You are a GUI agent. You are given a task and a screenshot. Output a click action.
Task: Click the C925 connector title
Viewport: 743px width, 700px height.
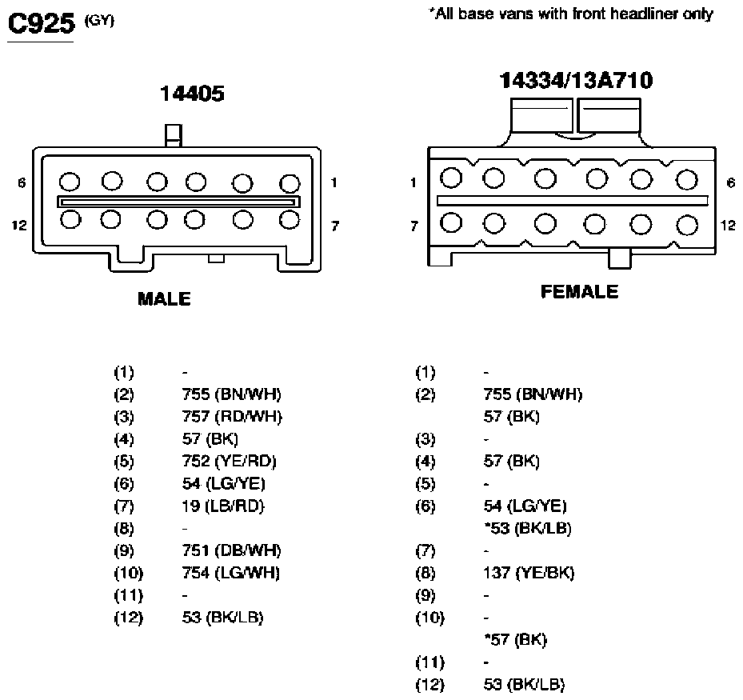42,23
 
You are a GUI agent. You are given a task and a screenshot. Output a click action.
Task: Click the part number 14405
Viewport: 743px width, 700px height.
192,94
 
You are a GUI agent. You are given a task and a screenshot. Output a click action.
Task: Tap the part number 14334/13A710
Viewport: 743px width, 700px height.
576,80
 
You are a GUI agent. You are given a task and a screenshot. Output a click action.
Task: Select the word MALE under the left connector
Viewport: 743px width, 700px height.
164,299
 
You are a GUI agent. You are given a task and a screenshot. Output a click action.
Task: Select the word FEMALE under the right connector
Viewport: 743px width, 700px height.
580,291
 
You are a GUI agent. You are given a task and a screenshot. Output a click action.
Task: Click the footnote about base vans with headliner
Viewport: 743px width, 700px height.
571,14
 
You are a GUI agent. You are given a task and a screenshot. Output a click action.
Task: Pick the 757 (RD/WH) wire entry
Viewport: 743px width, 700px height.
232,417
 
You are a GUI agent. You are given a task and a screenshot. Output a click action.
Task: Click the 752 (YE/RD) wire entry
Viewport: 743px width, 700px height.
229,461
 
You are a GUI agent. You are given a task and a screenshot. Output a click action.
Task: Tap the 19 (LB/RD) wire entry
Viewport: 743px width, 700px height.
222,506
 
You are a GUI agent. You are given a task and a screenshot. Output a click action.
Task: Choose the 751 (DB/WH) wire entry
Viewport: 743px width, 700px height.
231,550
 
